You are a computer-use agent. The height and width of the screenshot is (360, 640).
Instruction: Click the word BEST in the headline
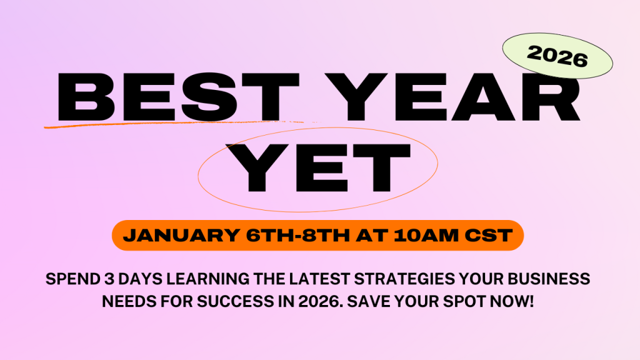[x=179, y=97]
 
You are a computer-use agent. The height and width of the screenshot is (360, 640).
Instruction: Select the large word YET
[x=323, y=167]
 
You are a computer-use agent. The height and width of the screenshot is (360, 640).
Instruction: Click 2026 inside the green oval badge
[x=557, y=56]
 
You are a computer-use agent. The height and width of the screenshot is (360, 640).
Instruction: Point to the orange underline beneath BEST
[x=179, y=124]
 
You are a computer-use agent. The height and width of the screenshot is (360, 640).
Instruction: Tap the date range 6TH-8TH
[x=298, y=236]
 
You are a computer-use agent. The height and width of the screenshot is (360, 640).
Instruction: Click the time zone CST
[x=489, y=236]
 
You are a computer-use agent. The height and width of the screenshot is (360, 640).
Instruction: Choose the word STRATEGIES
[x=404, y=279]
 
